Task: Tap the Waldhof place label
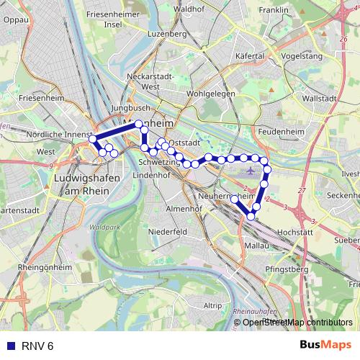[189, 9]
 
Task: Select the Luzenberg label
[166, 34]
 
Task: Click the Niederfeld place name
[168, 232]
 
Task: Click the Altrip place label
[212, 305]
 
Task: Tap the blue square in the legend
[11, 346]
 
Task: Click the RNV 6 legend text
[37, 346]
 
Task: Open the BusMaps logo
[325, 346]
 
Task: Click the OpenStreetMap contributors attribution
[297, 322]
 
